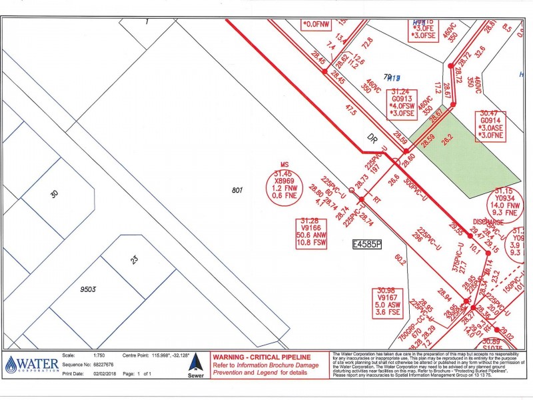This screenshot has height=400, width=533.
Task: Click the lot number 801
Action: pos(236,191)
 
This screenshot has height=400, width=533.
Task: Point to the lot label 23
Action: pos(137,259)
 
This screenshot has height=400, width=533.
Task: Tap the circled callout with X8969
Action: pos(287,181)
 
